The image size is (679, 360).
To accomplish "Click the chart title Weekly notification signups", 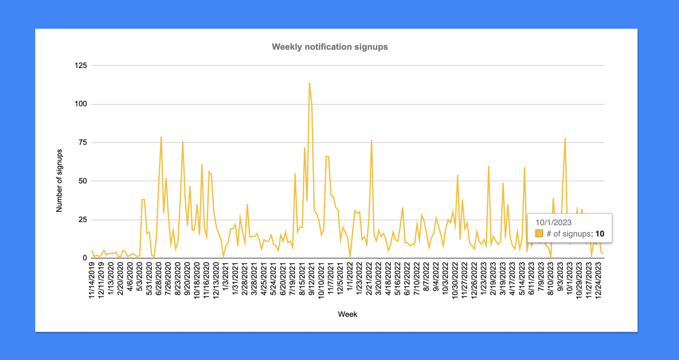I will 330,47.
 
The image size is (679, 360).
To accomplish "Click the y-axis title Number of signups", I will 59,180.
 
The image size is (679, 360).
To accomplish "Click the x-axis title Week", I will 348,314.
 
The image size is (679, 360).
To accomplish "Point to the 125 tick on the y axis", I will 81,65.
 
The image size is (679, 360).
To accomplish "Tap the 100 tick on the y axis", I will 81,104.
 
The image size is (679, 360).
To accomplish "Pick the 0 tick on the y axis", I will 85,258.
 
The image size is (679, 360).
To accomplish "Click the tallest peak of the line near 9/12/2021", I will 309,83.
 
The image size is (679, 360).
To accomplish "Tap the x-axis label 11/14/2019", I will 91,280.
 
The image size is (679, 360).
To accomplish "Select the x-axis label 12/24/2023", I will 598,280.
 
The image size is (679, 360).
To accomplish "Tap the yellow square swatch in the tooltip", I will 539,234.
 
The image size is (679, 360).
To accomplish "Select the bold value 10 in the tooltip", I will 600,234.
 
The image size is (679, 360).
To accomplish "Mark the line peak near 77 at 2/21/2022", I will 372,140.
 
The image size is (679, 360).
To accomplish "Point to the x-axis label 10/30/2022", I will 455,280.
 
